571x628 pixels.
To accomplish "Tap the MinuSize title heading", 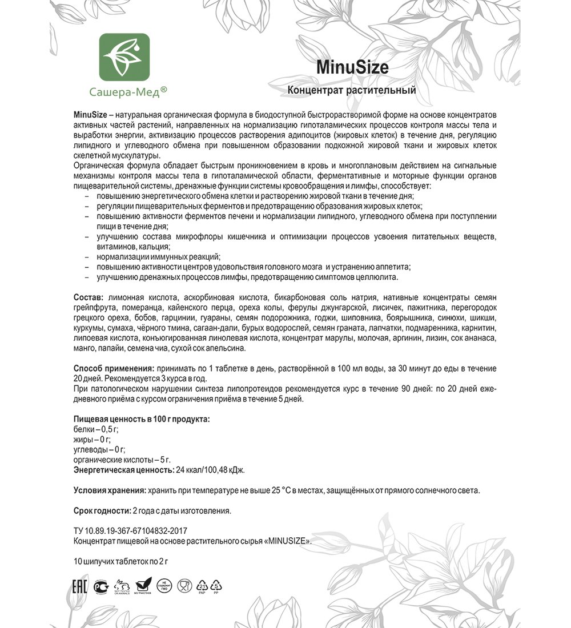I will tap(352, 67).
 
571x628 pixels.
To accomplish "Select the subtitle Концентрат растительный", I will tap(351, 90).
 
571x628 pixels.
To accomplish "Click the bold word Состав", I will tap(88, 298).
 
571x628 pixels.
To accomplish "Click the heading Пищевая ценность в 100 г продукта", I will tap(142, 419).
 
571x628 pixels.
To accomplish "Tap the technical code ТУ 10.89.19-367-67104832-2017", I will tap(131, 530).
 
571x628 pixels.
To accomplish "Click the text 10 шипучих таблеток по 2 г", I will tap(120, 561).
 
